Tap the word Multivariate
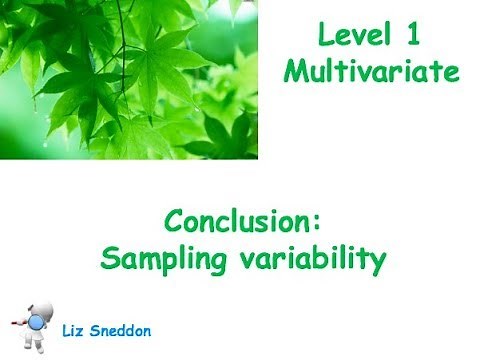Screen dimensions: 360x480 pos(371,71)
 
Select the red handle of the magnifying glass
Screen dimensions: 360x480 pos(16,324)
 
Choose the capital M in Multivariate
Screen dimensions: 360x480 pos(295,71)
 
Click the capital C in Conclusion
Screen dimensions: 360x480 pos(174,221)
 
